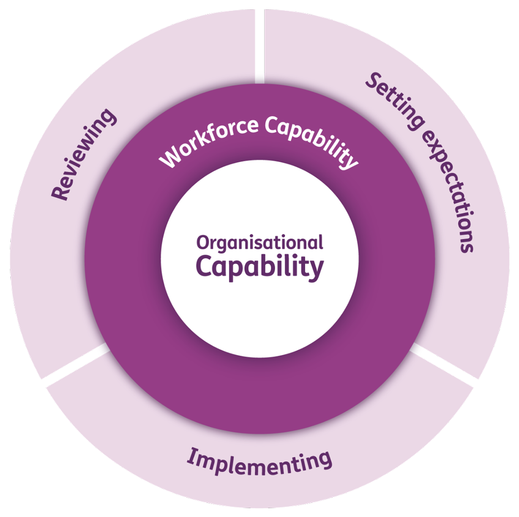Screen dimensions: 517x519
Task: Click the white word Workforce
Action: coord(208,141)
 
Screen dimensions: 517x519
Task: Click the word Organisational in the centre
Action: coord(259,243)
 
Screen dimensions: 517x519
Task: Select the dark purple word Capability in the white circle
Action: coord(259,268)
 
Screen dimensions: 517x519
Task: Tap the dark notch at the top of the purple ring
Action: coord(259,78)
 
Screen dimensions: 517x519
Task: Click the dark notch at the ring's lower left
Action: coord(103,349)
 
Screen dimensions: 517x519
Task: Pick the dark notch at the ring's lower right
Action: coord(416,349)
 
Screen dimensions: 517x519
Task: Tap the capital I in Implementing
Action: coord(191,456)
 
